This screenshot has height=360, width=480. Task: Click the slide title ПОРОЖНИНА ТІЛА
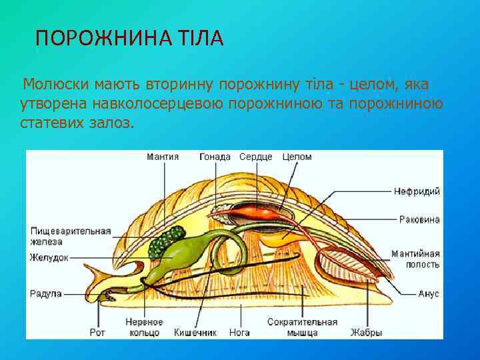tap(129, 38)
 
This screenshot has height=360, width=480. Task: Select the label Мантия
tap(163, 157)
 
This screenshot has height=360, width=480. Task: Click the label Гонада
tap(215, 157)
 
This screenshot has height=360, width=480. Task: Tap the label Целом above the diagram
tap(297, 157)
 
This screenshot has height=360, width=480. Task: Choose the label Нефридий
tap(417, 191)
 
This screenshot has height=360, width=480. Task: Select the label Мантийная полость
tap(415, 259)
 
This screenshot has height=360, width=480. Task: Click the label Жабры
tap(368, 332)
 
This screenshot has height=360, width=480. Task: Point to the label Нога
tap(239, 332)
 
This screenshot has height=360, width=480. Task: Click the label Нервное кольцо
tap(143, 327)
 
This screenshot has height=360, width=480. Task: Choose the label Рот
tap(97, 332)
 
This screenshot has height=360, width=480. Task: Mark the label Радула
tap(46, 293)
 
